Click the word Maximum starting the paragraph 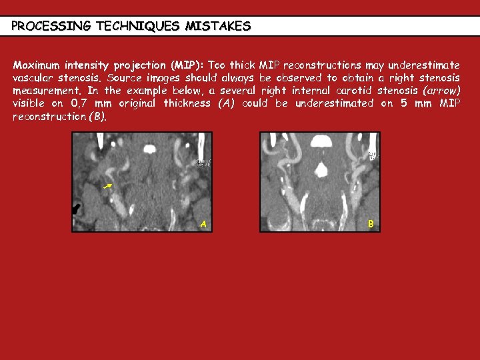click(37, 65)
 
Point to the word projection click(141, 65)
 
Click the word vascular click(33, 78)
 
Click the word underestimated click(333, 103)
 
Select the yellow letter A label click(203, 225)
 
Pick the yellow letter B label click(371, 224)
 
